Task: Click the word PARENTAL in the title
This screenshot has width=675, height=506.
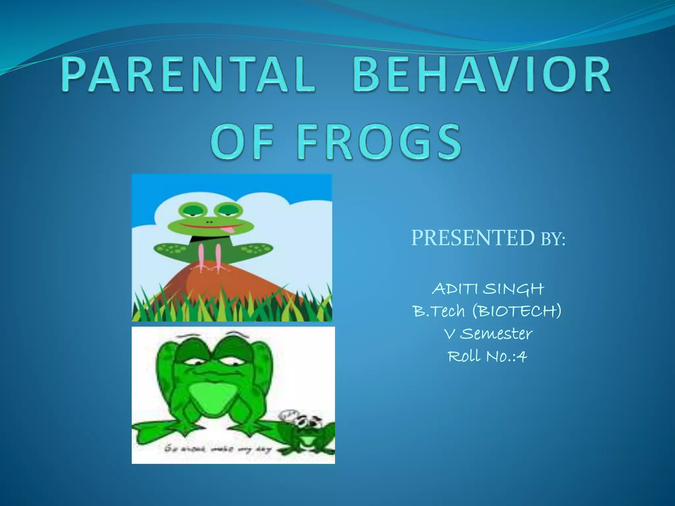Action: click(x=188, y=74)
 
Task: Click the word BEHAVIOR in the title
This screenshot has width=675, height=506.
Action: click(x=482, y=74)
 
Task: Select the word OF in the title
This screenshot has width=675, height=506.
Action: click(x=242, y=142)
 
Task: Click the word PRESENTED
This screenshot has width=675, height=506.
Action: click(x=472, y=238)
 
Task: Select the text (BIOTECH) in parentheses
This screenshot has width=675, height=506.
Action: click(x=516, y=311)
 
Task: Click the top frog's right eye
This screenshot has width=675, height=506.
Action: click(x=228, y=210)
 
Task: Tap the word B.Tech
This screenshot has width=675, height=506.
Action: click(x=438, y=311)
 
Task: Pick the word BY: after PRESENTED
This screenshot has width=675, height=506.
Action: click(x=553, y=239)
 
